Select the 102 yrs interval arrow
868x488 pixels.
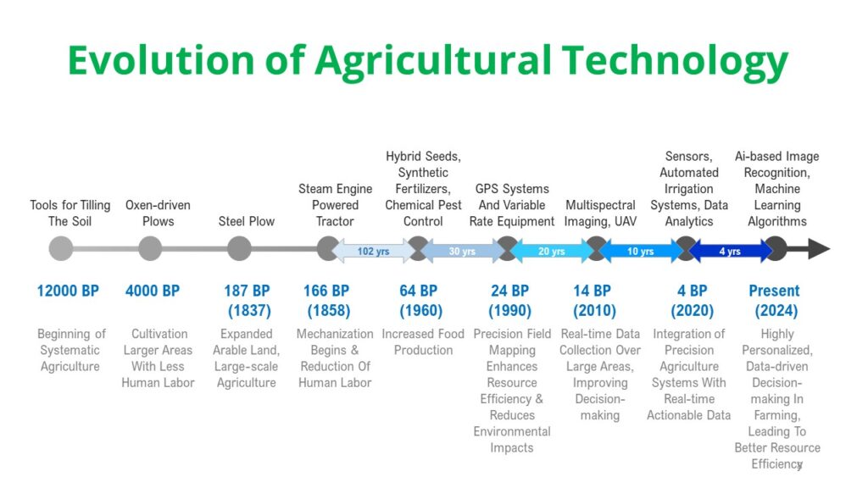point(373,251)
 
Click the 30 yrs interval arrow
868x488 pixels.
point(462,251)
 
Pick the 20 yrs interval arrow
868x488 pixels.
point(551,251)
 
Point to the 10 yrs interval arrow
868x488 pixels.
point(641,251)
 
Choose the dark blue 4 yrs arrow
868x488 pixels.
point(730,251)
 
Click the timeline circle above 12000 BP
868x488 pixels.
point(61,248)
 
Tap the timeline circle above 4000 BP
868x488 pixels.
point(150,248)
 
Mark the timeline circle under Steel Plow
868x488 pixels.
point(239,248)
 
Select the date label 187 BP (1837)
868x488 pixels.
point(248,301)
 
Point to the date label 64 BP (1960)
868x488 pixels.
point(420,301)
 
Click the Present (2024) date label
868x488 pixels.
point(775,301)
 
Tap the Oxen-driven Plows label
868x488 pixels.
point(158,213)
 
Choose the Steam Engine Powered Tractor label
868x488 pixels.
point(335,205)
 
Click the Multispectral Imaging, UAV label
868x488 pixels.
point(600,213)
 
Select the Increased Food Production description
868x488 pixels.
point(423,342)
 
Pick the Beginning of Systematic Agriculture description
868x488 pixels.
point(71,350)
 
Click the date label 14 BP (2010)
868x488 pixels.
point(594,301)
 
